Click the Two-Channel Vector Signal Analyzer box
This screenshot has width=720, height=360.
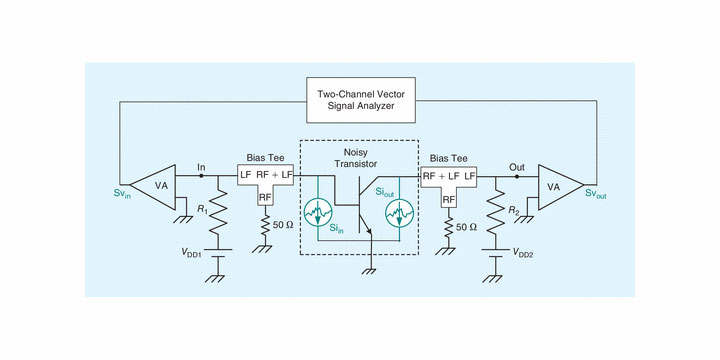pyautogui.click(x=361, y=102)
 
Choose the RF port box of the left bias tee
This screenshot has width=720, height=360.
pyautogui.click(x=265, y=198)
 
